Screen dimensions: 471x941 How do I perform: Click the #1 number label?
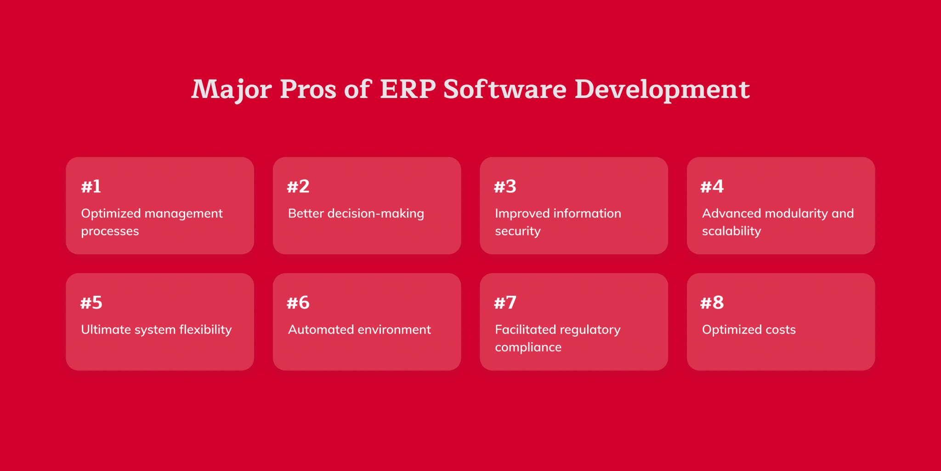coord(91,186)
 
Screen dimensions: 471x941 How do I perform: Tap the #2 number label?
coord(298,186)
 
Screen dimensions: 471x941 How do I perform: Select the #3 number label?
coord(505,186)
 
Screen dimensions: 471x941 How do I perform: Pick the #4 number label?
coord(712,186)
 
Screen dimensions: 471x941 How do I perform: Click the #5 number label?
coord(91,303)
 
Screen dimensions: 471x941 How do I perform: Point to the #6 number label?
coord(298,303)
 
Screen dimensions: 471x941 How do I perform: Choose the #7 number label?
coord(505,303)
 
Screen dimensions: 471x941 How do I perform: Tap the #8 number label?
coord(712,303)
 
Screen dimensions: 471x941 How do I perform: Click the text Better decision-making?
coord(356,213)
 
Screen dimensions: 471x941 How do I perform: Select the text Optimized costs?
coord(748,330)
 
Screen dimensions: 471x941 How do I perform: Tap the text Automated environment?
coord(359,330)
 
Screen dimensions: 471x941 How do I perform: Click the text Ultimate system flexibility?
coord(156,330)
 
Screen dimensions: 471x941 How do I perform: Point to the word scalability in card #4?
coord(731,231)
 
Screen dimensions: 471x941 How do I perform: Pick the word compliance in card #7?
coord(528,347)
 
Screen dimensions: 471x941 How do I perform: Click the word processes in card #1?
coord(110,231)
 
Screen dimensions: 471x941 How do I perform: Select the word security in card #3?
coord(517,231)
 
